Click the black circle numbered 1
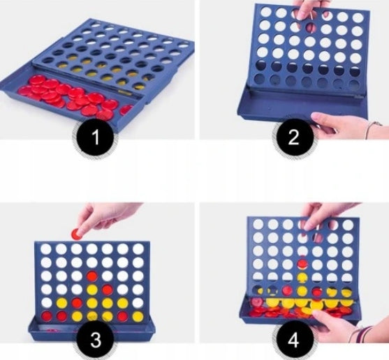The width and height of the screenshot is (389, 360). tap(96, 136)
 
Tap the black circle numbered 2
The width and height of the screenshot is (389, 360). tap(294, 137)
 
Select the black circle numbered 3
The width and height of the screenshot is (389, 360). tap(96, 340)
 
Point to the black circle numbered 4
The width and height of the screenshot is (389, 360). tap(294, 340)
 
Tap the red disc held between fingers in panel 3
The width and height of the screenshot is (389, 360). tap(78, 234)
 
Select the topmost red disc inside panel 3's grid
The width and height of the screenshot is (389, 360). tap(91, 276)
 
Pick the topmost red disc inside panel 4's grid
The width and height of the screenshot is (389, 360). tap(302, 264)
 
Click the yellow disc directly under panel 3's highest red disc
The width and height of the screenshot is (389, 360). tap(91, 289)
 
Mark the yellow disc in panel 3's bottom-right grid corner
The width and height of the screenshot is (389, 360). tap(138, 316)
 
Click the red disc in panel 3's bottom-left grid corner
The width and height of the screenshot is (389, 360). tap(46, 316)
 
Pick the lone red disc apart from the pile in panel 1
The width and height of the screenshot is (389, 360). tap(127, 110)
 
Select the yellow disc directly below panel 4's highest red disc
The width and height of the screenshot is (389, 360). tap(302, 277)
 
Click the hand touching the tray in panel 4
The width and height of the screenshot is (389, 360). tap(332, 324)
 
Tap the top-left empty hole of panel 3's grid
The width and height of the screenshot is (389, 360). tap(46, 249)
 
